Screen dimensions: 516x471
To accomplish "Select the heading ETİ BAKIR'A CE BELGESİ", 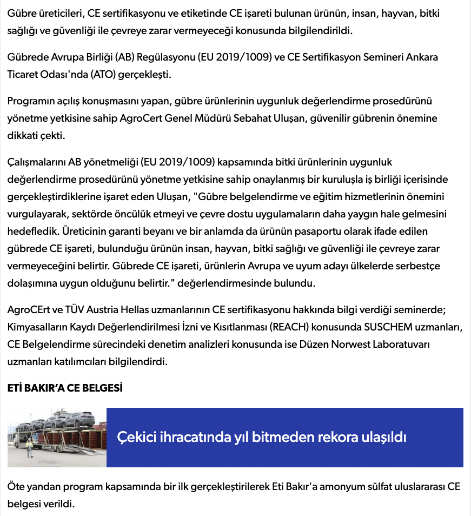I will click(x=65, y=388).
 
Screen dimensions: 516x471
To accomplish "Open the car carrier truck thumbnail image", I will click(x=57, y=437).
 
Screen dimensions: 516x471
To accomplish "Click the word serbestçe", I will click(x=415, y=266).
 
